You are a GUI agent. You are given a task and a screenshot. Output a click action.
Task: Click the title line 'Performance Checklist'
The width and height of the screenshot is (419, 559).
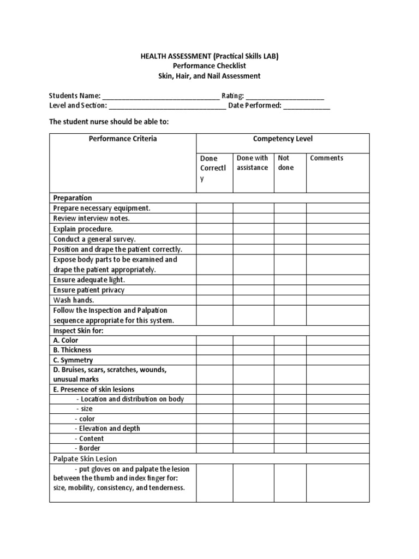pos(209,66)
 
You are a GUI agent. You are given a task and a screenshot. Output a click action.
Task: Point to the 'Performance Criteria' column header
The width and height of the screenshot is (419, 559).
pos(123,139)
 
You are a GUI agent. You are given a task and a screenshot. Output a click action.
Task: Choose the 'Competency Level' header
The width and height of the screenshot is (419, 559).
pos(283,139)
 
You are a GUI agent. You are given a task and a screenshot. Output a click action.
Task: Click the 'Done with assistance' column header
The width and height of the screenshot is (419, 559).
pos(253,163)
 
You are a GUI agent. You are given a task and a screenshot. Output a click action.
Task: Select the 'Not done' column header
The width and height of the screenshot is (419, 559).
pos(286,163)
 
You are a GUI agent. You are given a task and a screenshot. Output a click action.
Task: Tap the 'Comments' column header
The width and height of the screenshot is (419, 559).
pos(327,158)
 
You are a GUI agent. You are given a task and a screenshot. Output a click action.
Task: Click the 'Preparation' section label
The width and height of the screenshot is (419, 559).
pos(73,198)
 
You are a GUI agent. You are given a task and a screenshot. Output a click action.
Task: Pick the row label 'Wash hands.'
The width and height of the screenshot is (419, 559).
pos(74,300)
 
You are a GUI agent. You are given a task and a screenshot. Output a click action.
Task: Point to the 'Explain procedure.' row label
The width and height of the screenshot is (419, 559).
pos(83,229)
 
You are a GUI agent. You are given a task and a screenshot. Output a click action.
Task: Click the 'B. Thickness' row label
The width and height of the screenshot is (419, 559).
pos(73,350)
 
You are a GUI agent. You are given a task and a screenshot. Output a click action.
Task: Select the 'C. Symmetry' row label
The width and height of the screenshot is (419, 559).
pos(73,360)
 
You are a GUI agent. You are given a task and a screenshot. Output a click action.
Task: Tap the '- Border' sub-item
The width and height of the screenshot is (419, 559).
pos(88,448)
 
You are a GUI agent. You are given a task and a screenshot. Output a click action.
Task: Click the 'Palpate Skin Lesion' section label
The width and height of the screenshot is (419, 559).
pos(85,459)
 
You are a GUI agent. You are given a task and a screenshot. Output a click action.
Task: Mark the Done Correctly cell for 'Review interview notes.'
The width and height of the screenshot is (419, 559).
pos(214,218)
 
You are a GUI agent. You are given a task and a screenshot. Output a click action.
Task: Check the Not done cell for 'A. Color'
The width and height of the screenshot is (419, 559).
pos(290,340)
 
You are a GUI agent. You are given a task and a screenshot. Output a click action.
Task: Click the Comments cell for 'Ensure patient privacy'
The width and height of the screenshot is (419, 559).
pos(338,290)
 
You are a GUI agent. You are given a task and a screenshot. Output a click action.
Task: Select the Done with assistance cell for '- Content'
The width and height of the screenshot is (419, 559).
pos(253,438)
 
